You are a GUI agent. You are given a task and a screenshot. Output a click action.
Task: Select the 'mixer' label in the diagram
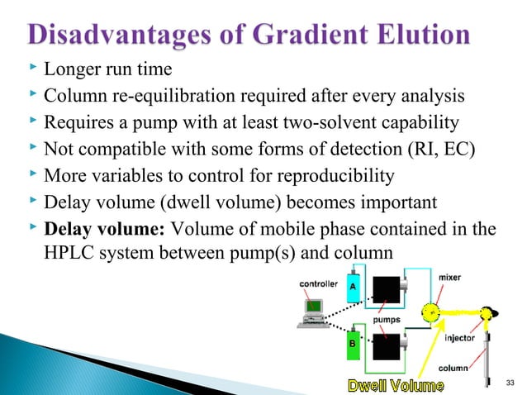click(449, 278)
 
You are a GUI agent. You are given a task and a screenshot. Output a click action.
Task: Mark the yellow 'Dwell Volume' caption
click(394, 384)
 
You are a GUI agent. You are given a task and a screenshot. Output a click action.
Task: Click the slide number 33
click(509, 382)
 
